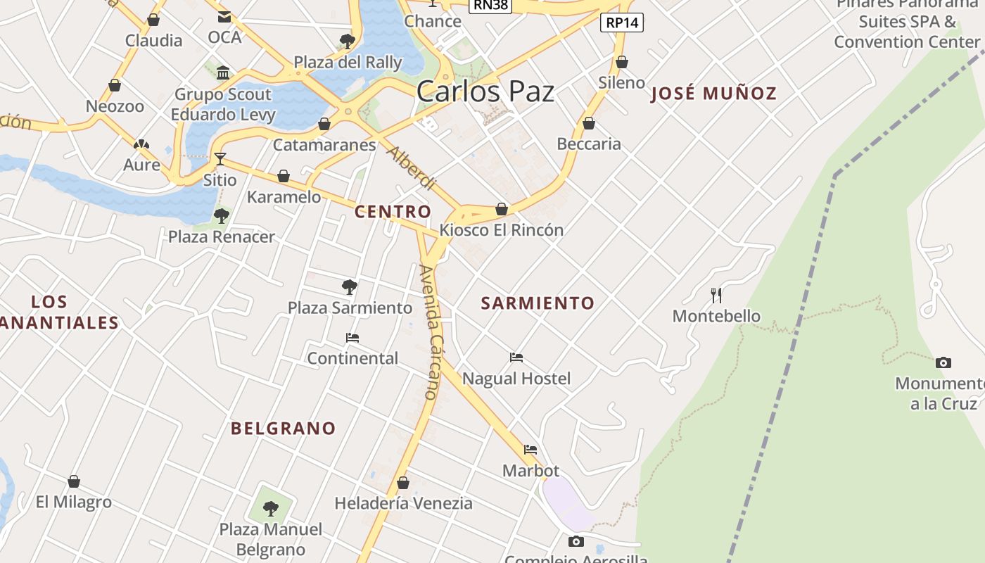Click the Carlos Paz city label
point(485,91)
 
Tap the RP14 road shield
point(623,23)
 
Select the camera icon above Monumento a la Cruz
point(943,363)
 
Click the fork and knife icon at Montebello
point(716,295)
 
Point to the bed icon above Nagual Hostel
point(516,358)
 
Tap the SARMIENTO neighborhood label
point(538,303)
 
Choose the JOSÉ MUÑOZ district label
point(713,93)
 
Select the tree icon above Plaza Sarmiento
point(349,286)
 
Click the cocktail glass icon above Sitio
point(220,159)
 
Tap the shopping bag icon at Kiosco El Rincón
point(502,209)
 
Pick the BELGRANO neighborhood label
point(284,428)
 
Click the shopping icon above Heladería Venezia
point(403,483)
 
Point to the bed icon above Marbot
point(530,450)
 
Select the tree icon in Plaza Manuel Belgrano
point(271,508)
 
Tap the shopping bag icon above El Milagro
point(74,481)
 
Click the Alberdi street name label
point(412,167)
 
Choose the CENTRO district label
point(393,211)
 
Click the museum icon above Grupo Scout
point(223,73)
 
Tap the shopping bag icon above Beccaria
point(589,124)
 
